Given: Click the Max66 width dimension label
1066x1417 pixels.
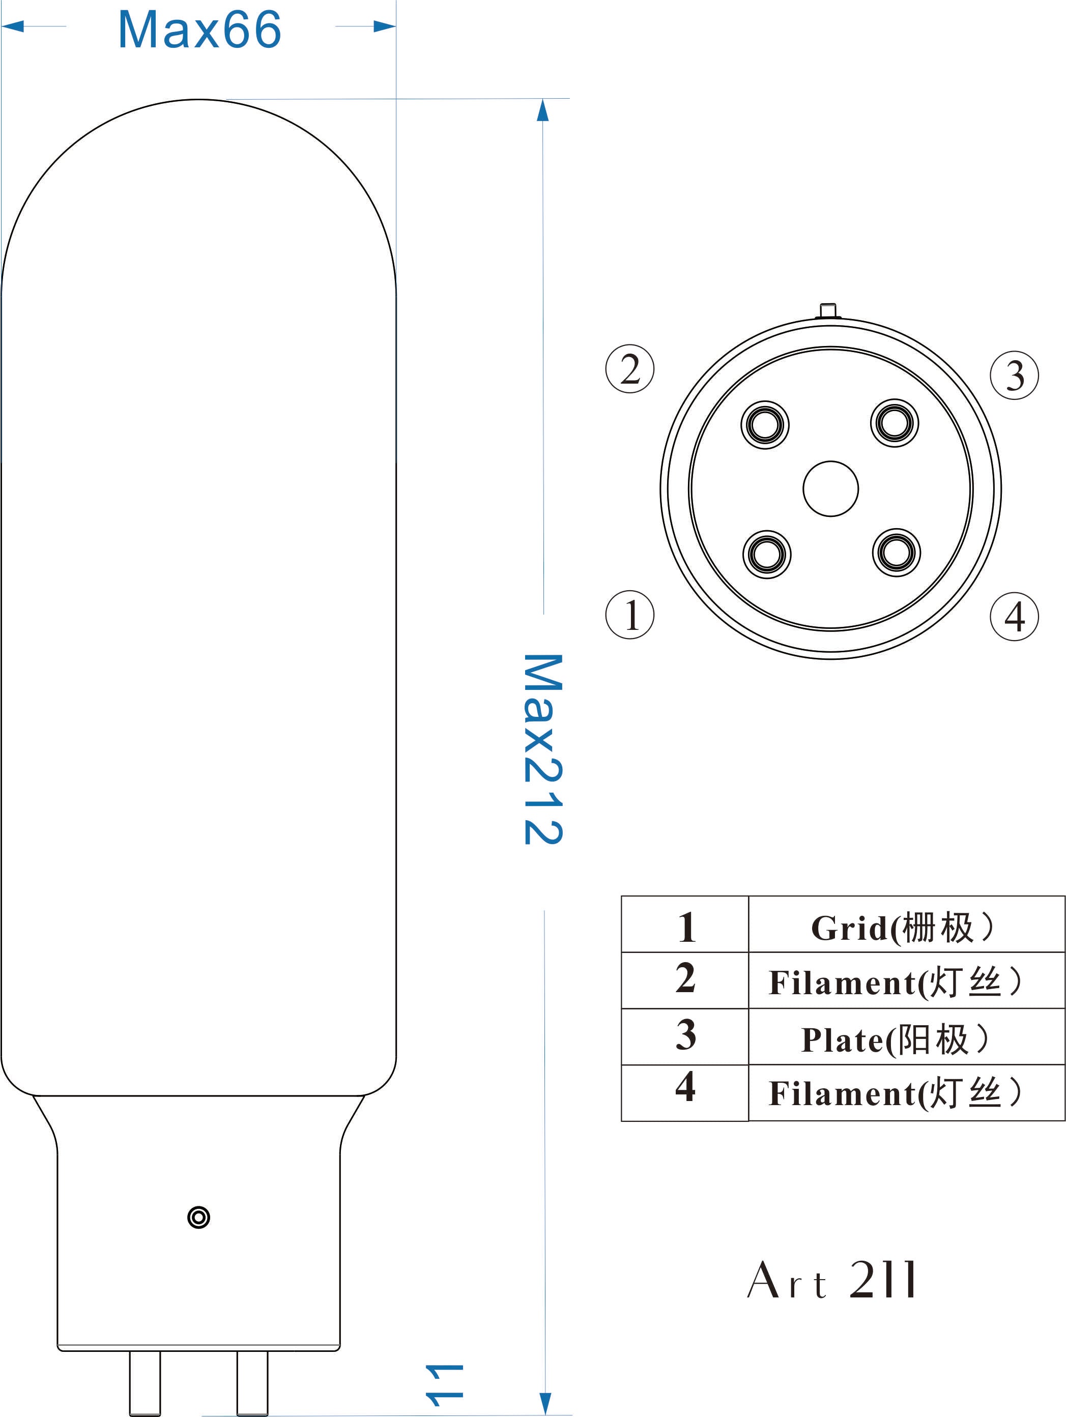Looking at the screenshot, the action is coord(199,30).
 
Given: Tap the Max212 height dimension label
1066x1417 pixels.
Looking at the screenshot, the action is coord(543,749).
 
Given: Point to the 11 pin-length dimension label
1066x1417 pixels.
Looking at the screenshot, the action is coord(444,1385).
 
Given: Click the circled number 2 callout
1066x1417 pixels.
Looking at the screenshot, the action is coord(630,369).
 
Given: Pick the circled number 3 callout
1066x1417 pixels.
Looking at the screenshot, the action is coord(1014,375).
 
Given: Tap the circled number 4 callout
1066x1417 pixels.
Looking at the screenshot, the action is coord(1014,616).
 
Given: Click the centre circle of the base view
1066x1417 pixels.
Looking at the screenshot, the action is coord(830,489).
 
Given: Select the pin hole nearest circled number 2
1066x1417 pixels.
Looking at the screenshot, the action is coord(765,425).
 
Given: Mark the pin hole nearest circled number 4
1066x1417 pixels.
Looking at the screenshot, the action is coord(896,552).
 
